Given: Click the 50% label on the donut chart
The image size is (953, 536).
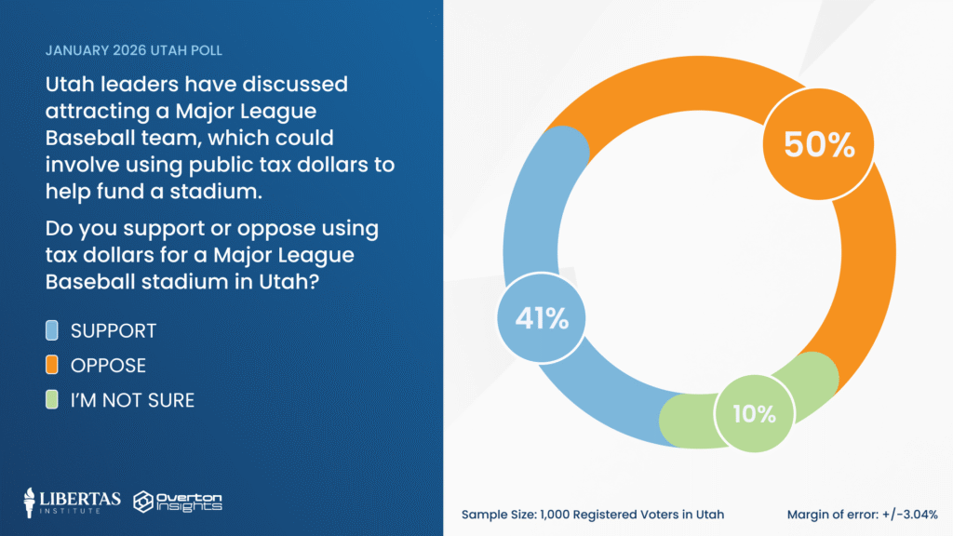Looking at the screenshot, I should pyautogui.click(x=819, y=143).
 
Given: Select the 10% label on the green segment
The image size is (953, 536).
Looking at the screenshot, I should pyautogui.click(x=753, y=413).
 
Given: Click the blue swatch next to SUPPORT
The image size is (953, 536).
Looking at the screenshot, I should pyautogui.click(x=52, y=330).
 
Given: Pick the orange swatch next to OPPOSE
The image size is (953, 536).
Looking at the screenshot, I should pyautogui.click(x=52, y=366).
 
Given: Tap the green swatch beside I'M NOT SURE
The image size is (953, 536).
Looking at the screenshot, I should pyautogui.click(x=52, y=401).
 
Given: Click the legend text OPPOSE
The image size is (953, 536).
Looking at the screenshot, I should pyautogui.click(x=108, y=366).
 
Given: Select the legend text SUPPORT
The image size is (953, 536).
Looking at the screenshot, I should pyautogui.click(x=114, y=330).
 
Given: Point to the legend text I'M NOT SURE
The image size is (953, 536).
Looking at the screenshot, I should pyautogui.click(x=132, y=401).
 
